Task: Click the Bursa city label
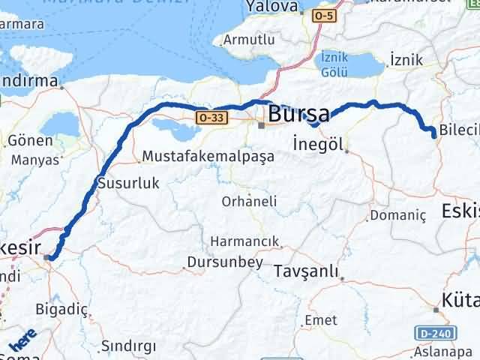(x=298, y=115)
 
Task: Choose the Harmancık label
(x=244, y=241)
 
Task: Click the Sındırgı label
(x=128, y=345)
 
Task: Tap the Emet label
(x=320, y=320)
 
